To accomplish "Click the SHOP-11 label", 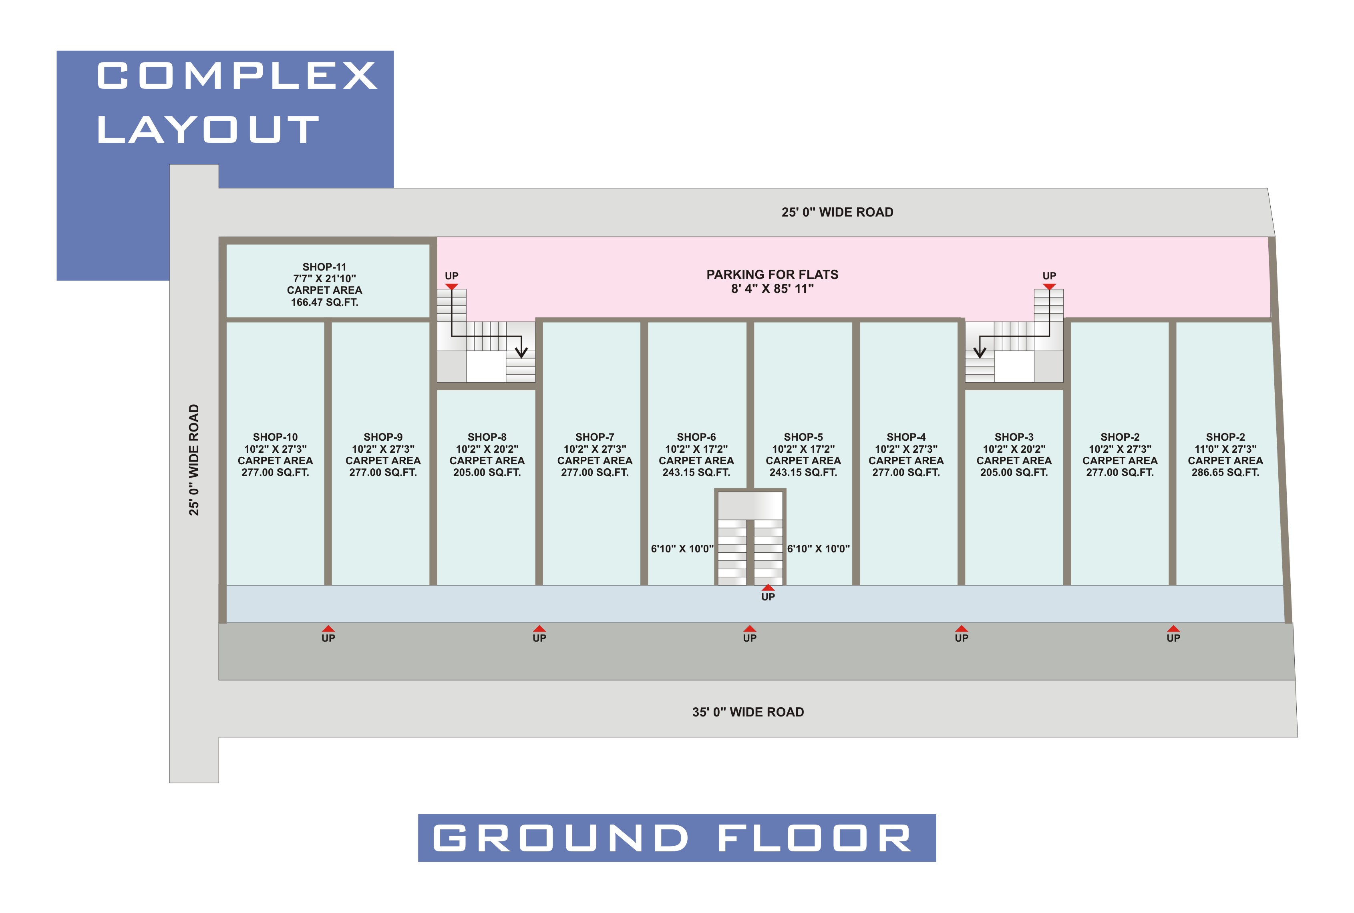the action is [324, 267].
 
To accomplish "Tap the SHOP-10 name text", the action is [275, 437].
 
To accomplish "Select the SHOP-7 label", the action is [594, 437].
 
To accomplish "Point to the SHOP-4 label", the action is [905, 437].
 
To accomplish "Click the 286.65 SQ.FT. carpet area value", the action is [1225, 472].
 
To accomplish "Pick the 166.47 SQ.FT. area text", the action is [324, 302].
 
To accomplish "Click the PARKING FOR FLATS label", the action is [772, 274].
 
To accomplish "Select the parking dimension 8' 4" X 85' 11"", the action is [772, 289].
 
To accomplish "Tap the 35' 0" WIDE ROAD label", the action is [748, 712].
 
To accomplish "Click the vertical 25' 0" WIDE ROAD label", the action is [193, 460].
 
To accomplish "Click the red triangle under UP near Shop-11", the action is [451, 287].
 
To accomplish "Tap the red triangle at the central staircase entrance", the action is [768, 588].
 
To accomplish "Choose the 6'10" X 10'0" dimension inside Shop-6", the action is [682, 548].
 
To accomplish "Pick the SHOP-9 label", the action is [383, 437].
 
